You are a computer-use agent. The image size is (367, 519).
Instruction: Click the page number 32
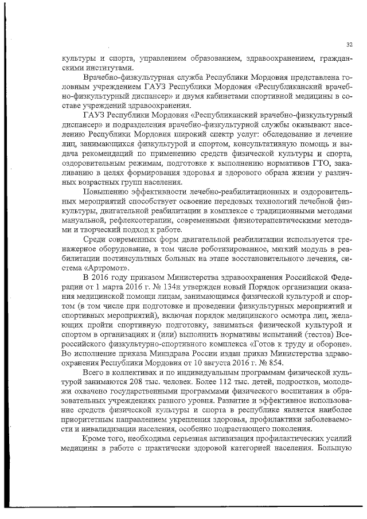point(349,45)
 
